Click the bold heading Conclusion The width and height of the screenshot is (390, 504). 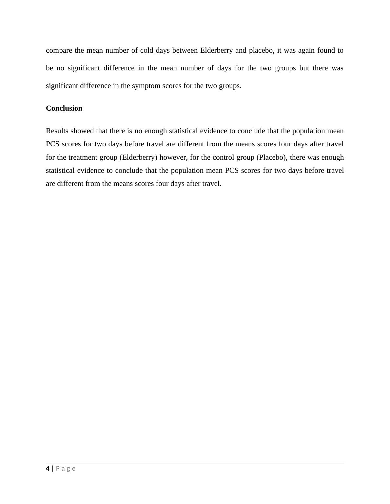pyautogui.click(x=64, y=108)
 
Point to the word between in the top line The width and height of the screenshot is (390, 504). pyautogui.click(x=185, y=50)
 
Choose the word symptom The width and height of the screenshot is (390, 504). pyautogui.click(x=146, y=86)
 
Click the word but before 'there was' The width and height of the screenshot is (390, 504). pyautogui.click(x=304, y=68)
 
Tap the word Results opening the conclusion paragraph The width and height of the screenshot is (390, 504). pyautogui.click(x=57, y=131)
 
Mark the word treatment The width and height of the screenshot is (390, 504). pyautogui.click(x=82, y=157)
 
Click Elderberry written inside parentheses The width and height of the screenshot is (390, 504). pyautogui.click(x=138, y=157)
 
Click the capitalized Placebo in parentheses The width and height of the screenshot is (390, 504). pyautogui.click(x=271, y=157)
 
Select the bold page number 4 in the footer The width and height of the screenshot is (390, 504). pyautogui.click(x=48, y=468)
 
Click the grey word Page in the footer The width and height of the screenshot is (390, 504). pyautogui.click(x=66, y=469)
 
